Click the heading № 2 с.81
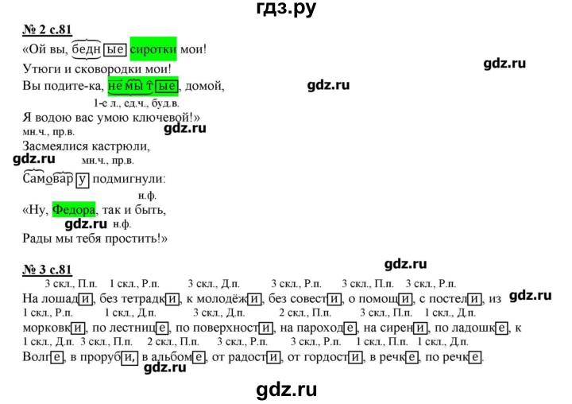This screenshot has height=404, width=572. click(47, 29)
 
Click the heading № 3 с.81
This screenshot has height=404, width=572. click(47, 270)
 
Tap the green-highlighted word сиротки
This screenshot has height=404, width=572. click(153, 49)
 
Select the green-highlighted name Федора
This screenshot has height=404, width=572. click(74, 209)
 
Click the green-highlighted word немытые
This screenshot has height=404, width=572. click(143, 86)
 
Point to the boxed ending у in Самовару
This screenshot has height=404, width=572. click(83, 180)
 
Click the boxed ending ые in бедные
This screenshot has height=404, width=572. click(115, 49)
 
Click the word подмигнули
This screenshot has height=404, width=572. click(129, 179)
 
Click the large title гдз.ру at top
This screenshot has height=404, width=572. click(286, 8)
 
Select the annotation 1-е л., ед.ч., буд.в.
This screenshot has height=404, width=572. click(137, 103)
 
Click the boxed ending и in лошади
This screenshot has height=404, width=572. click(85, 299)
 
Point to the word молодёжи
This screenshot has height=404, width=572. click(223, 299)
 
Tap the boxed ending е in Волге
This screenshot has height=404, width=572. click(56, 356)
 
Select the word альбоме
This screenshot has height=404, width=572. click(173, 356)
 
